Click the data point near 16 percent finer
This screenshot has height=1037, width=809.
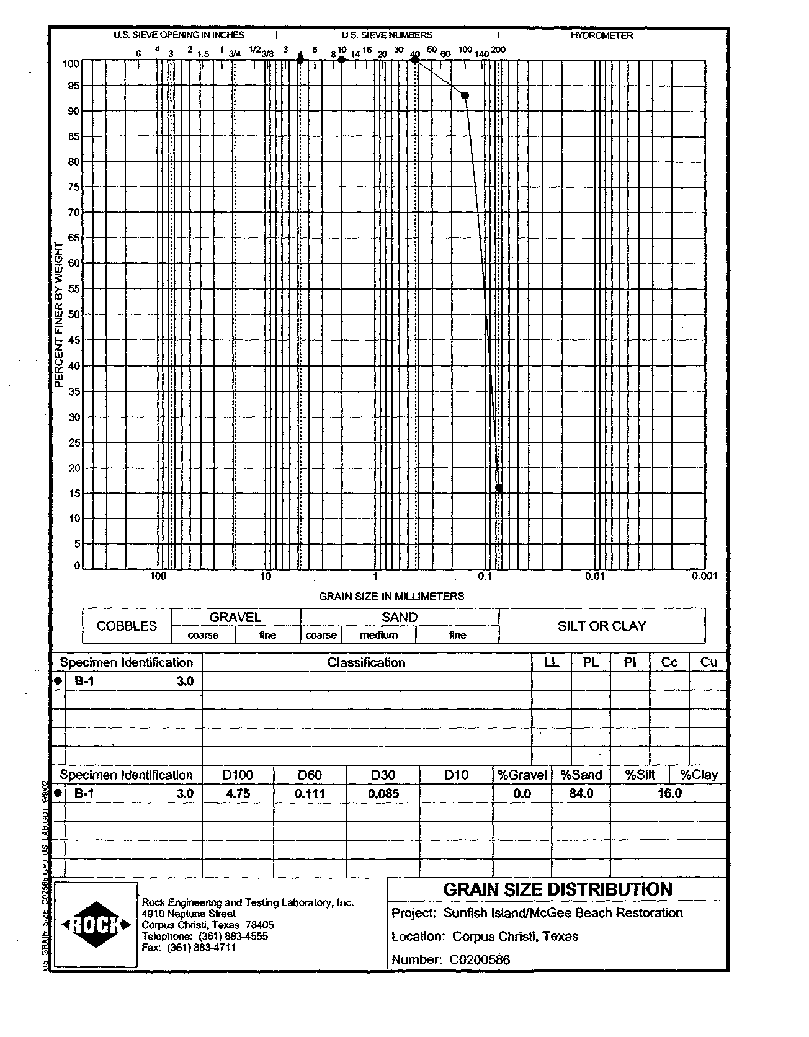(499, 488)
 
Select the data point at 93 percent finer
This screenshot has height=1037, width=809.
(465, 95)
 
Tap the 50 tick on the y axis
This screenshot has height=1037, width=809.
(73, 314)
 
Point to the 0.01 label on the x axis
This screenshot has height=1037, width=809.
(594, 576)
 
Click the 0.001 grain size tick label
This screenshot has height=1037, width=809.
(705, 576)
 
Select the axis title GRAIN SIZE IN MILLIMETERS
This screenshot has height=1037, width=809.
(391, 596)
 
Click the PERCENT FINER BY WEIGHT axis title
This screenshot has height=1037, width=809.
(60, 315)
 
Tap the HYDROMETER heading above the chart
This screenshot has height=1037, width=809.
(601, 35)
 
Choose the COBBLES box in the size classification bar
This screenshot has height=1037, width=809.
(127, 626)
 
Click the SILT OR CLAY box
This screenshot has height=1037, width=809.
(601, 626)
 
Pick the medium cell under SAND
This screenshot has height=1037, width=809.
(378, 635)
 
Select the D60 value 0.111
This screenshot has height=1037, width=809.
(310, 794)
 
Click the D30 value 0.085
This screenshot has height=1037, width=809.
(383, 794)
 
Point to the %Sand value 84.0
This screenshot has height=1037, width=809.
(581, 794)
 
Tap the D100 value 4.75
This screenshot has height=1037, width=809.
(238, 794)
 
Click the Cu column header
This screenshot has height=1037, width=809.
(708, 662)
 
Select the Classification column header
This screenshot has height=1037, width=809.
(366, 662)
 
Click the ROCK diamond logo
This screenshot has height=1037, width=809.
(96, 925)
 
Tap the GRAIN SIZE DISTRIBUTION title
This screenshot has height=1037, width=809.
(557, 889)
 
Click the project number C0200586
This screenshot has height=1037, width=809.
(480, 960)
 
